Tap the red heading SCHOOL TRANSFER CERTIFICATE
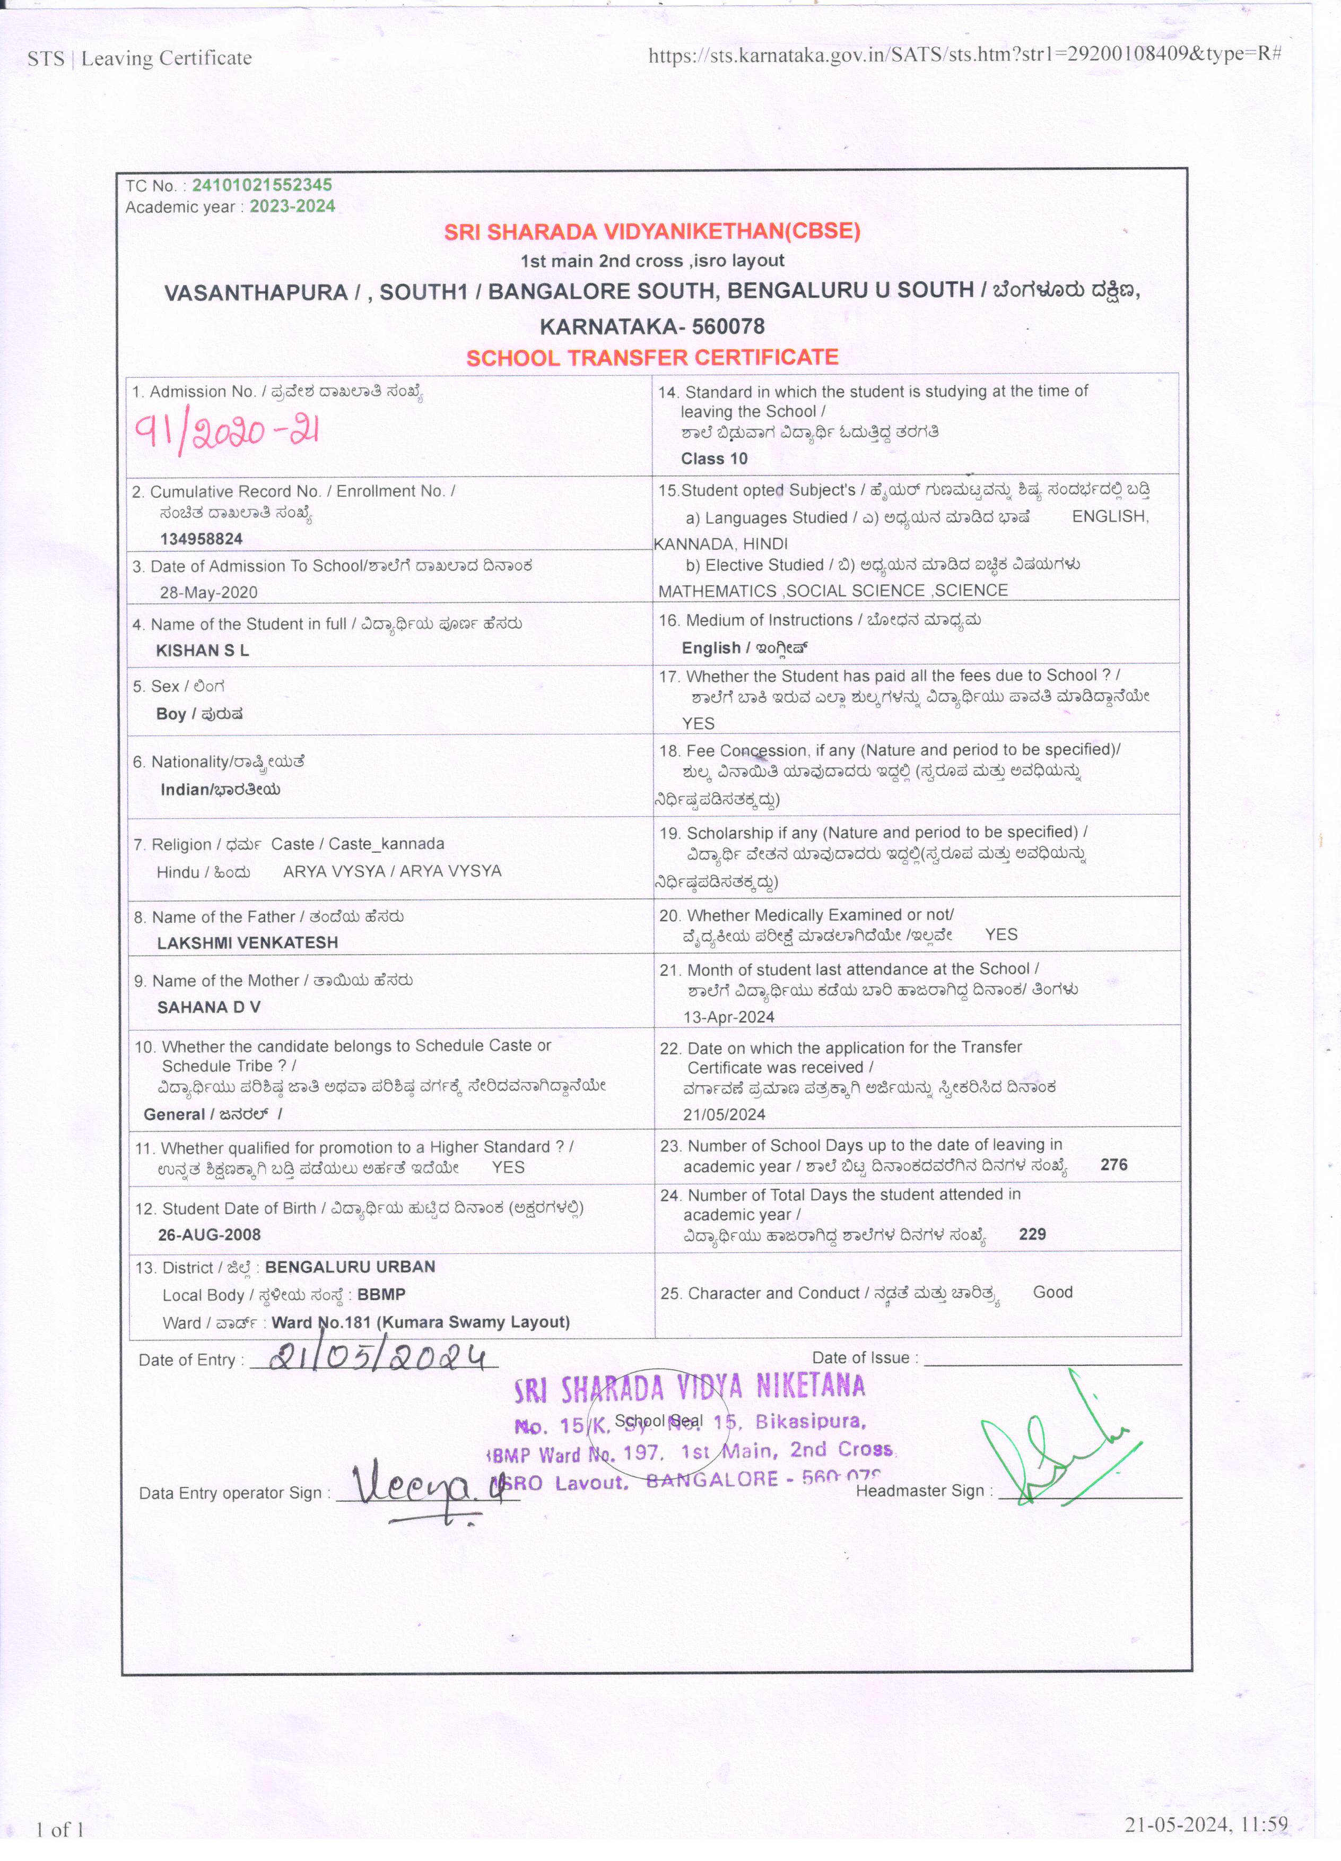point(652,358)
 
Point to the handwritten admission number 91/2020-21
point(227,431)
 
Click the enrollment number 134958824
point(201,539)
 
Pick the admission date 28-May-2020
point(208,592)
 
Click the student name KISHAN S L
point(203,651)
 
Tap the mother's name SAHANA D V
point(208,1007)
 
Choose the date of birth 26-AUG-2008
point(209,1235)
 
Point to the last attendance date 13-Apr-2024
point(728,1017)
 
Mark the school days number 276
point(1114,1165)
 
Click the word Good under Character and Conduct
point(1052,1292)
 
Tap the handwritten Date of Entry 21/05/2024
point(381,1358)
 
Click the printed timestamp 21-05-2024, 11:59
point(1206,1824)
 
